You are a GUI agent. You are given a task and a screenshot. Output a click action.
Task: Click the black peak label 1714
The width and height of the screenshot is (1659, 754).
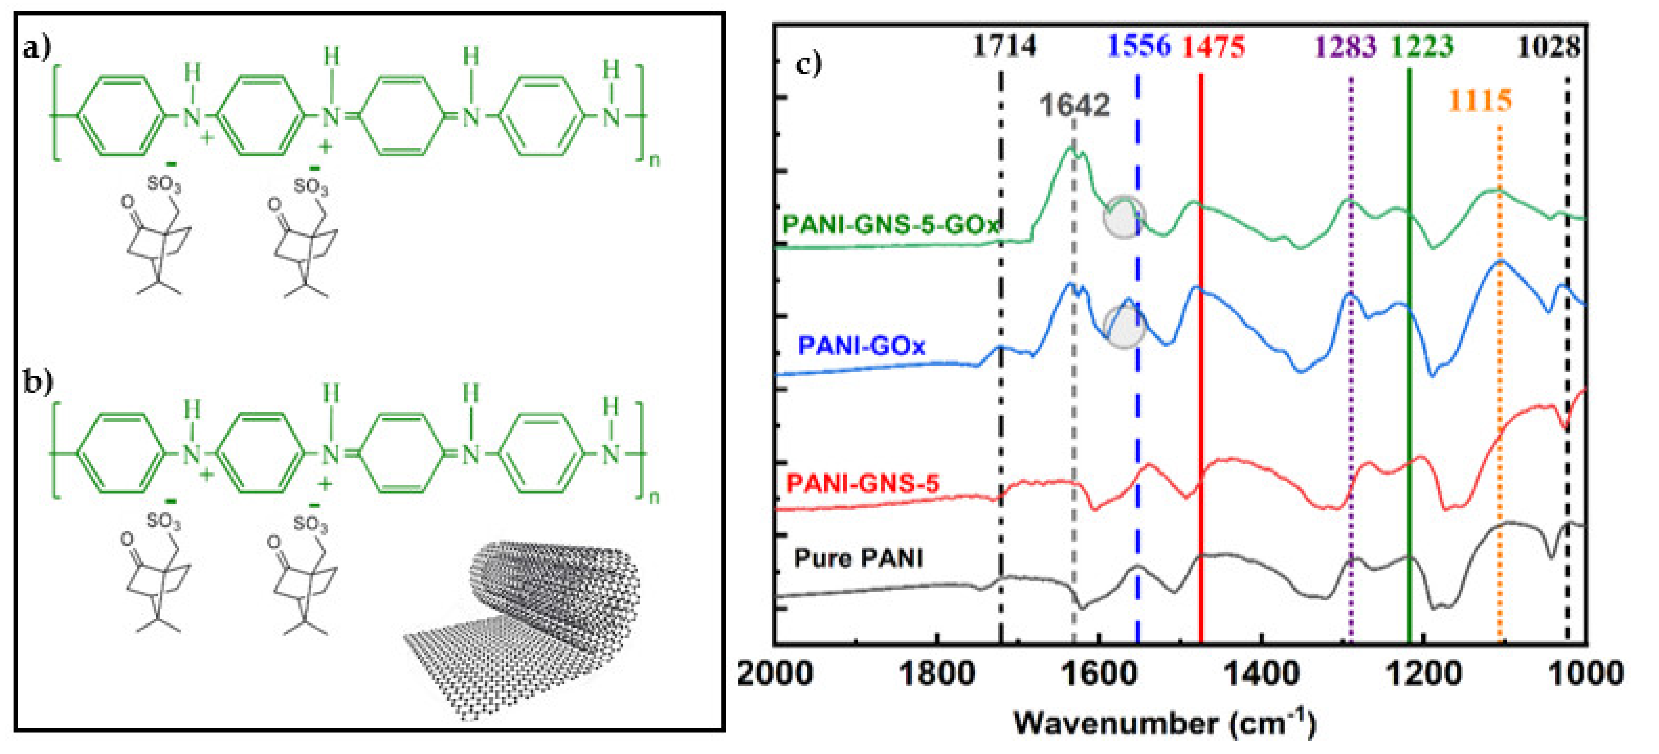pos(1004,46)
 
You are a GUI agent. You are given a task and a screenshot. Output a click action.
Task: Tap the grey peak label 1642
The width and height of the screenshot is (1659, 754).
pos(1074,105)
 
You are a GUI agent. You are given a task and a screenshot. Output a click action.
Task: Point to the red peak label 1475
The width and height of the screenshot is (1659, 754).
pos(1213,46)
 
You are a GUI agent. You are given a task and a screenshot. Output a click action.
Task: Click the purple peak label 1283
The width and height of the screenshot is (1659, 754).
pos(1345,46)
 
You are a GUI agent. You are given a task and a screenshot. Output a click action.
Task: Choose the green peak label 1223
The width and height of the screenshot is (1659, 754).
pos(1422,46)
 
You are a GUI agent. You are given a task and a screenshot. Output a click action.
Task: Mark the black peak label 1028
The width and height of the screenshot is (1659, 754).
pos(1548,46)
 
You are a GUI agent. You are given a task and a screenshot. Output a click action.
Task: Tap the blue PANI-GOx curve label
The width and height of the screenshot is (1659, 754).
pos(861,346)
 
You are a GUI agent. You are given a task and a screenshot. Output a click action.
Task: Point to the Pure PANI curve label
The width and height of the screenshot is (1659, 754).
pos(859,558)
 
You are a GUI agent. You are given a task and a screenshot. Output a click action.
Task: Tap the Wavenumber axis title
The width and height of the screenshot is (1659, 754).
pos(1164,723)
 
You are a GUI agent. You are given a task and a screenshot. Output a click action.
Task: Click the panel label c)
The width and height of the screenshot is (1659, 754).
pos(809,64)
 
